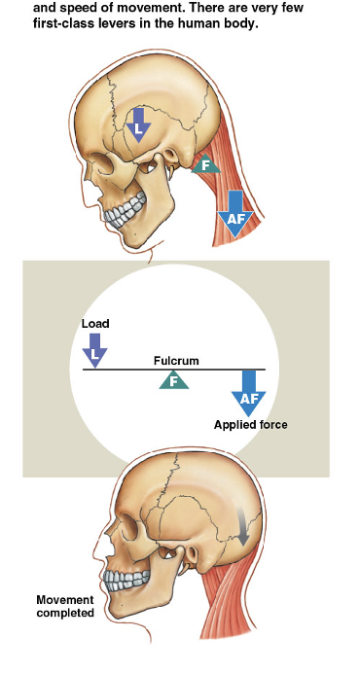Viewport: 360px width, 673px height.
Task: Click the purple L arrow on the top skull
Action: [139, 124]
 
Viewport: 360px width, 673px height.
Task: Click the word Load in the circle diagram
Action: [96, 324]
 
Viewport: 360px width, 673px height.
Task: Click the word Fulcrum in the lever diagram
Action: [176, 361]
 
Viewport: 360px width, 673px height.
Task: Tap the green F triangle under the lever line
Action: [174, 380]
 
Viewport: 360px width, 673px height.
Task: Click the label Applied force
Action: [251, 424]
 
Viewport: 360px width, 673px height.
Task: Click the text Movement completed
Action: [65, 606]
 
